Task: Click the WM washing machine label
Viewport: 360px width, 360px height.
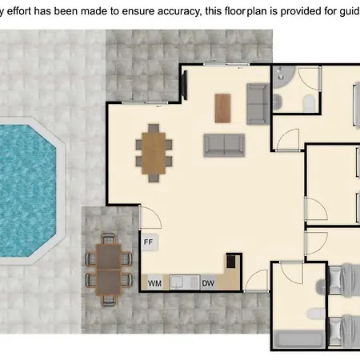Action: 154,283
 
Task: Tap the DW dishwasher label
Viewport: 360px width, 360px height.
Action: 208,283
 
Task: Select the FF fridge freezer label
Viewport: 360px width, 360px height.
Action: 148,242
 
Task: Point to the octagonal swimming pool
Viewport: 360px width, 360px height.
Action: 26,191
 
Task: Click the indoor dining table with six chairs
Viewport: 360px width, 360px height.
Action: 154,153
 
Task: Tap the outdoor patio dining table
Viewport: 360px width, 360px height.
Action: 109,270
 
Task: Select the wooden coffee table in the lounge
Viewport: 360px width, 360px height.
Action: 223,108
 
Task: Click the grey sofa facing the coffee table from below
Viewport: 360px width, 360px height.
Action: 224,146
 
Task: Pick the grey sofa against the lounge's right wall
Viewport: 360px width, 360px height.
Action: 258,104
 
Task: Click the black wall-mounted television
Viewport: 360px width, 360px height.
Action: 185,85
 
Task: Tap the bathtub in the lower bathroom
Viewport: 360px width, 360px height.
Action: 299,339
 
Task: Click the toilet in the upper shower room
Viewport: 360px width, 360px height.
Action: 310,102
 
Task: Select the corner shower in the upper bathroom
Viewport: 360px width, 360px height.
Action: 284,77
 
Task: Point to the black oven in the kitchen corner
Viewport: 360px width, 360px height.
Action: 231,261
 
